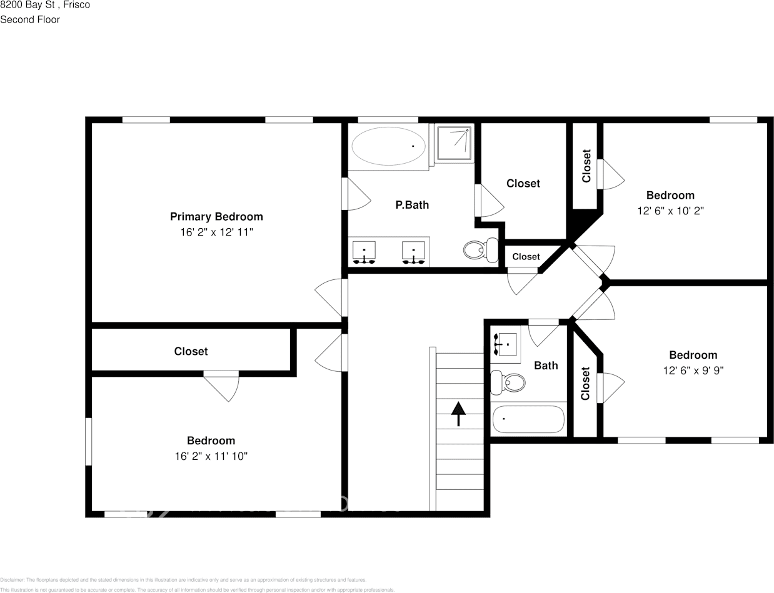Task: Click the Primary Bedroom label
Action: click(216, 217)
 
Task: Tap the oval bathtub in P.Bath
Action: click(388, 146)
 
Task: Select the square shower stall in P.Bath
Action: click(455, 144)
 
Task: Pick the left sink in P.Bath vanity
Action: click(364, 252)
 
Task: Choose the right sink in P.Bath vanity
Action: click(413, 252)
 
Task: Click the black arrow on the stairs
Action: click(459, 413)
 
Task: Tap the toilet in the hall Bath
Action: click(507, 382)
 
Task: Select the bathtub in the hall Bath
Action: click(528, 419)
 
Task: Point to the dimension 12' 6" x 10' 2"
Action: click(670, 211)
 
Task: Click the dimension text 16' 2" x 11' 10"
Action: click(211, 457)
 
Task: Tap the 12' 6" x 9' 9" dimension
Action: click(693, 371)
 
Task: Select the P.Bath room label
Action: click(412, 205)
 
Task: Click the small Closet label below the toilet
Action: click(526, 257)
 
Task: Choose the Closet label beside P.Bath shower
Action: click(523, 183)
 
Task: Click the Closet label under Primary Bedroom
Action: click(191, 352)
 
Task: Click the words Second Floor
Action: click(30, 19)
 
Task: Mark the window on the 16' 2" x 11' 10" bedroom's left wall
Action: click(88, 441)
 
